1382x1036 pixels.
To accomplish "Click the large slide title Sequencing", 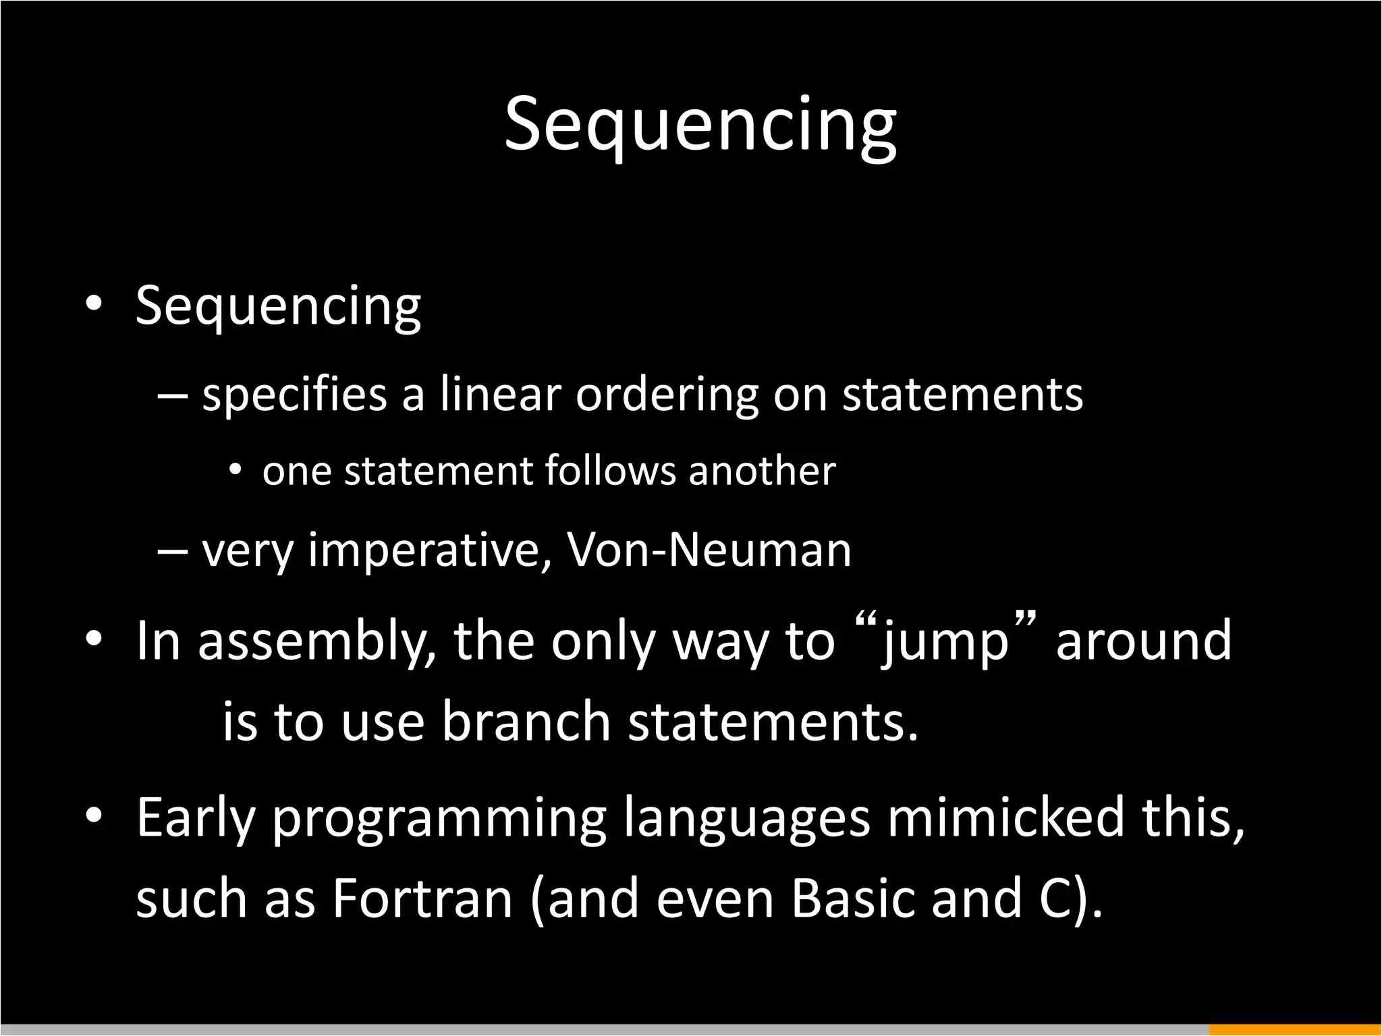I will coord(700,125).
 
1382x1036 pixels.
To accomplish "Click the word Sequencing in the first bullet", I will coord(278,307).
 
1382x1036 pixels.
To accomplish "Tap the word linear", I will coord(500,394).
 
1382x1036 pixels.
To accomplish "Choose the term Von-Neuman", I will coord(709,550).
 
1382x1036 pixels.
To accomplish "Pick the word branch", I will coord(526,722).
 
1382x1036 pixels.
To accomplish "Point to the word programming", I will coord(439,820).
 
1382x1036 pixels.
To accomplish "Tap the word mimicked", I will coord(1005,817).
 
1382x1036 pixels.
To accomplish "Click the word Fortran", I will coord(422,899).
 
